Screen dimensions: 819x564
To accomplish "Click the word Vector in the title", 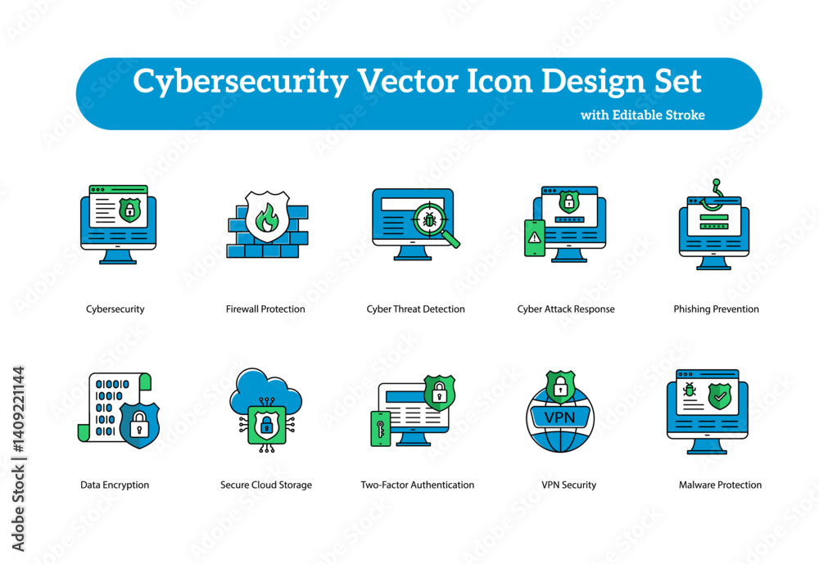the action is point(407,81).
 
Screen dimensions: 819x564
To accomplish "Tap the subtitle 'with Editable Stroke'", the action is point(642,115).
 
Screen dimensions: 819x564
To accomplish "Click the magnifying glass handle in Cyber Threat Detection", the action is point(450,239).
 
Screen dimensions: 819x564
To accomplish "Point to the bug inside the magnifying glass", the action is point(429,220).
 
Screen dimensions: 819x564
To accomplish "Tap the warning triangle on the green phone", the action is point(534,237).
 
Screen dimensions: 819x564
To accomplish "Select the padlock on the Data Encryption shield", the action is point(139,423).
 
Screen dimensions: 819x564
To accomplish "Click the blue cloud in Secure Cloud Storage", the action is point(266,391).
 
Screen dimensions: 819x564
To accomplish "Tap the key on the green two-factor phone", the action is point(380,429).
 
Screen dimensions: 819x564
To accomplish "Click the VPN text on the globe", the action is point(559,417).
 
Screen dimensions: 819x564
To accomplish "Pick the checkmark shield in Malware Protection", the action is point(720,395).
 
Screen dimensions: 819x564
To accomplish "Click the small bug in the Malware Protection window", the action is point(690,389).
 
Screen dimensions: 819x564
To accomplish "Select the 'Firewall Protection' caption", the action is point(265,309).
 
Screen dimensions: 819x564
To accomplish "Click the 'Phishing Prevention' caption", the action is point(716,309).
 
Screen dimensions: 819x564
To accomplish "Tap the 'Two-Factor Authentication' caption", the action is point(418,485).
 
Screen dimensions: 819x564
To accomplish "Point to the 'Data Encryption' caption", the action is point(115,485).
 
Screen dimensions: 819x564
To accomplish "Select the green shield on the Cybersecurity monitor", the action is point(129,210).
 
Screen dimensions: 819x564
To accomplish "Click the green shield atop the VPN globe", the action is point(560,386).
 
